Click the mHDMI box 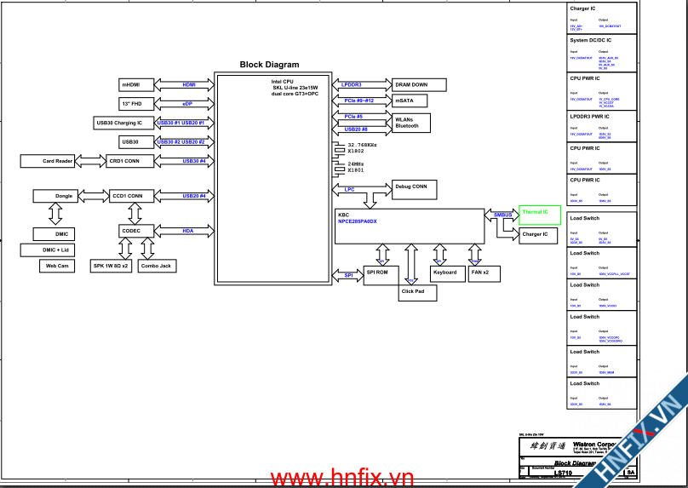(x=135, y=84)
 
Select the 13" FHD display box (x=135, y=103)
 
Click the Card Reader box (x=58, y=161)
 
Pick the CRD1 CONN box (x=124, y=161)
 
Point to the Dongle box (x=64, y=196)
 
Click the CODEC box (x=131, y=231)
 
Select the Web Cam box (x=57, y=266)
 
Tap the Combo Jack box (x=156, y=266)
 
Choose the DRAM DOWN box (x=411, y=85)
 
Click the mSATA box (x=405, y=100)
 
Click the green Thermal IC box (x=536, y=212)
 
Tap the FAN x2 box (x=480, y=273)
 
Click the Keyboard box (x=444, y=273)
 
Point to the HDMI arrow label (x=189, y=84)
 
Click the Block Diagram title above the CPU (x=269, y=65)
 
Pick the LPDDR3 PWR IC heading (x=590, y=116)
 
